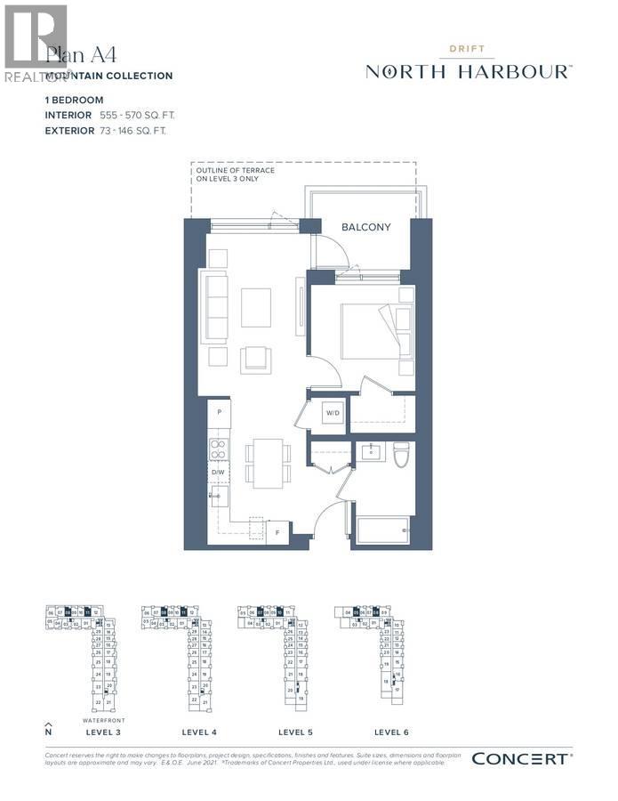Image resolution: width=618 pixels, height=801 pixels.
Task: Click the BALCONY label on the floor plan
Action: point(365,227)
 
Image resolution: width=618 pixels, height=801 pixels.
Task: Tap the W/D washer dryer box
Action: point(333,414)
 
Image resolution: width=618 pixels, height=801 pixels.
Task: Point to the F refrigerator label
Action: point(277,530)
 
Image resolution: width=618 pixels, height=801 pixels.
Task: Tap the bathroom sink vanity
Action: point(369,452)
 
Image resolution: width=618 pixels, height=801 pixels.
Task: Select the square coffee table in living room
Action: point(256,307)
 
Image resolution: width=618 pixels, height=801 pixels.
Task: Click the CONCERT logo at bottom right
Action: point(521,758)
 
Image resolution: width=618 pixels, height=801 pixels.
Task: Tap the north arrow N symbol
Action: point(49,729)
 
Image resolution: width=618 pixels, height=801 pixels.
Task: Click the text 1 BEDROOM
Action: point(75,101)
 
